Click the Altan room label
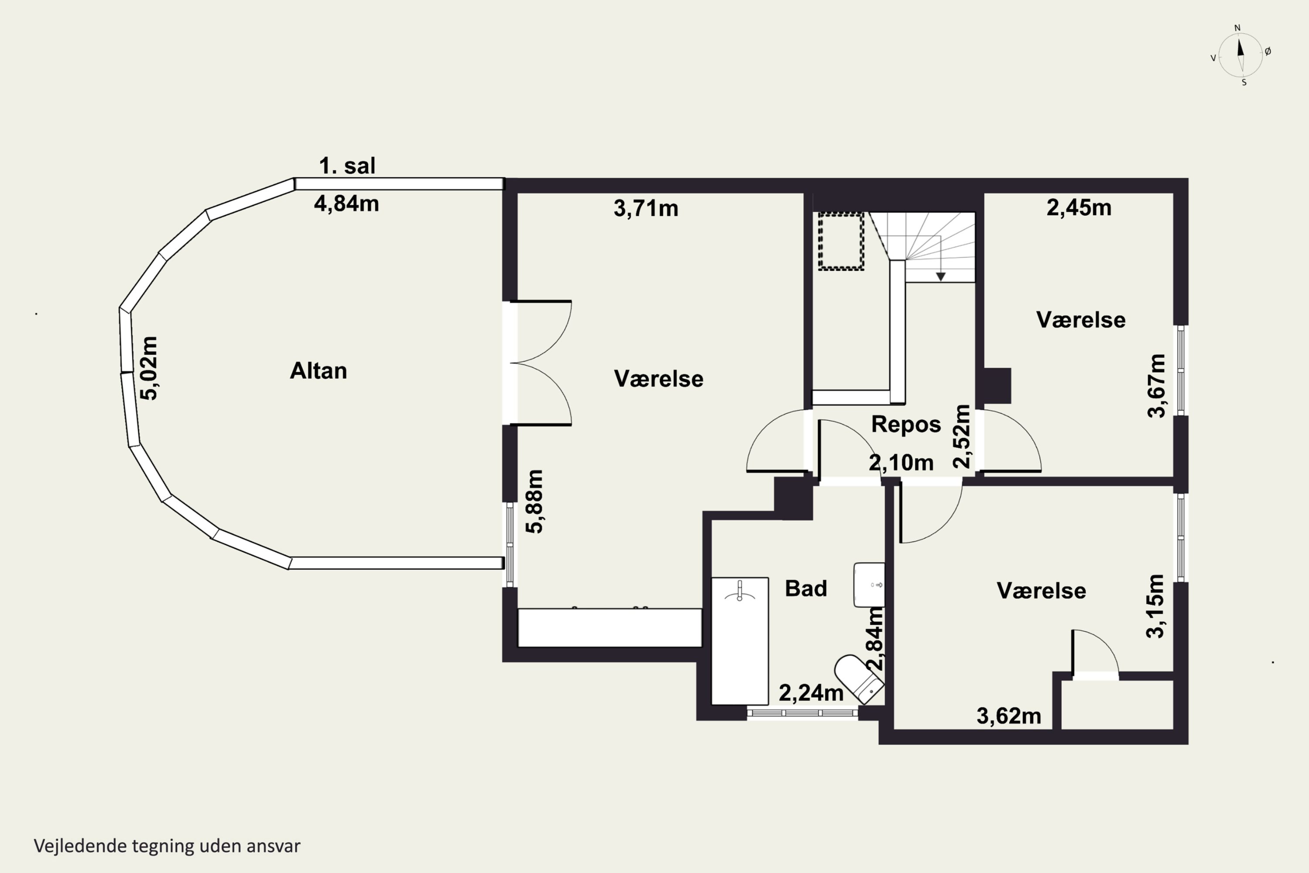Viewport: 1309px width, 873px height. tap(319, 371)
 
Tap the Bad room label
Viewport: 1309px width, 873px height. tap(806, 588)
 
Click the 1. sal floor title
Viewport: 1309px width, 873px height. tap(347, 166)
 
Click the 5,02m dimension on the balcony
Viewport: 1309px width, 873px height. tap(149, 368)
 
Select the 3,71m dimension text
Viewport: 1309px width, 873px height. tap(646, 209)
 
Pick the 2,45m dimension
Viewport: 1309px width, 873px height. tap(1079, 208)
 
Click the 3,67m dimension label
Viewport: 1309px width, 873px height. tap(1157, 386)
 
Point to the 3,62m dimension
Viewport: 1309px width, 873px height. tap(1008, 716)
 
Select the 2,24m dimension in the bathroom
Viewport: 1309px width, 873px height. tap(811, 693)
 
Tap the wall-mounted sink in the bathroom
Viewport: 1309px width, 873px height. tap(869, 584)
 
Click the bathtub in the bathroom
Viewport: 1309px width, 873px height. tap(740, 641)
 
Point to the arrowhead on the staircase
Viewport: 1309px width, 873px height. tap(941, 277)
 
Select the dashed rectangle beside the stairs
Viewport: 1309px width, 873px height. tap(841, 241)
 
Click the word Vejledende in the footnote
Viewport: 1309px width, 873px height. tap(81, 846)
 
